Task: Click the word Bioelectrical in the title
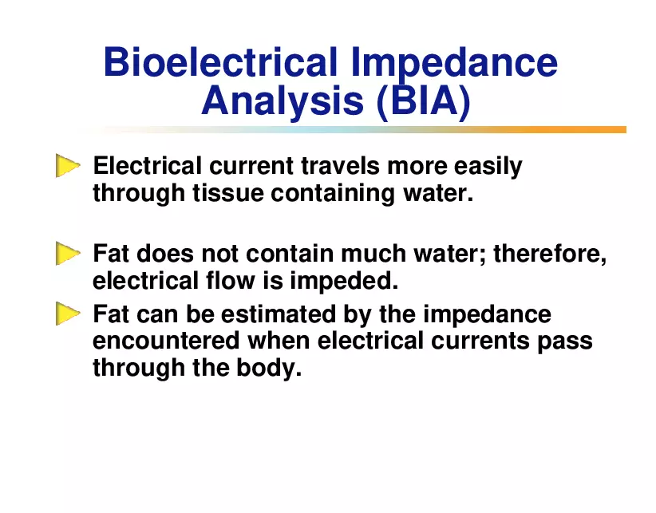[220, 62]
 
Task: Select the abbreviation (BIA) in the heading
[424, 101]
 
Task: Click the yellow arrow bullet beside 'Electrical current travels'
[67, 166]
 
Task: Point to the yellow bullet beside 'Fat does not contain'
[67, 254]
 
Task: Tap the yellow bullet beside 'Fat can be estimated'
[67, 314]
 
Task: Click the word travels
[340, 166]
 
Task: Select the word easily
[488, 167]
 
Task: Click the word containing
[333, 194]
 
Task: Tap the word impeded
[344, 281]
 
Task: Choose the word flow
[230, 280]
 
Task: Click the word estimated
[279, 314]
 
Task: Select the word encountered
[166, 341]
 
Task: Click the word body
[269, 369]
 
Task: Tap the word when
[279, 341]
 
